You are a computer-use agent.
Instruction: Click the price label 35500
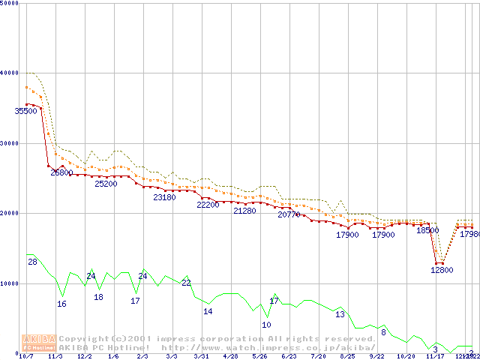coord(25,111)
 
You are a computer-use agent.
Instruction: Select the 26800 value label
coord(61,172)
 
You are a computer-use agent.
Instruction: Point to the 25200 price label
coord(106,184)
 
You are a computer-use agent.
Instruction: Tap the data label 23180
coord(164,197)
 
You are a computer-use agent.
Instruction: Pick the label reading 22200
coord(208,205)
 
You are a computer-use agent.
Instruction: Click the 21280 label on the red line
coord(244,211)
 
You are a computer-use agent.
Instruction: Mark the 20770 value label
coord(289,214)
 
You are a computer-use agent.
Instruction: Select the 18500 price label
coord(427,231)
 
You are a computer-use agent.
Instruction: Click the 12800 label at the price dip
coord(442,270)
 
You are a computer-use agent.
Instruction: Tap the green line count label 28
coord(33,262)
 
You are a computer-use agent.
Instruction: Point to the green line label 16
coord(61,304)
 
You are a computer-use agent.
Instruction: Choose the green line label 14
coord(208,311)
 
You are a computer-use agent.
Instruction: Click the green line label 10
coord(266,325)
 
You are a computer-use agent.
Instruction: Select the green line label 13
coord(340,314)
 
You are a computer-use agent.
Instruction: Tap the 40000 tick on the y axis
coord(10,73)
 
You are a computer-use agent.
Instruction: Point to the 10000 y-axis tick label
coord(10,283)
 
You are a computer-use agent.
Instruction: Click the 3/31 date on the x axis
coord(201,357)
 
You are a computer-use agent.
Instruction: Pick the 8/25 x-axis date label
coord(347,357)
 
